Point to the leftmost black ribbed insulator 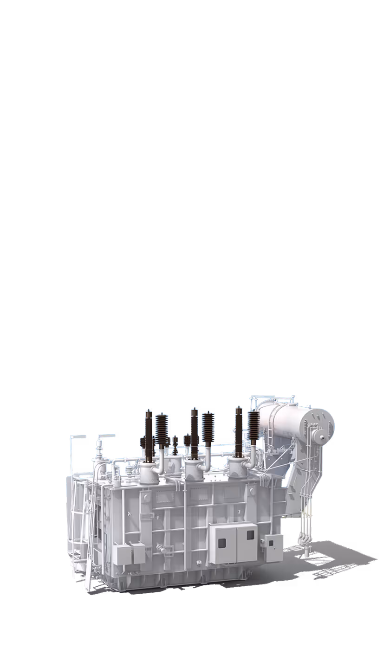pos(162,429)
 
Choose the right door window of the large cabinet pos(250,535)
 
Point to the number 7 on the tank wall pos(239,512)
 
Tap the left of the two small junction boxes pos(122,554)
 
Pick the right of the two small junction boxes pos(138,553)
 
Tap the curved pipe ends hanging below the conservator pos(304,540)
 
